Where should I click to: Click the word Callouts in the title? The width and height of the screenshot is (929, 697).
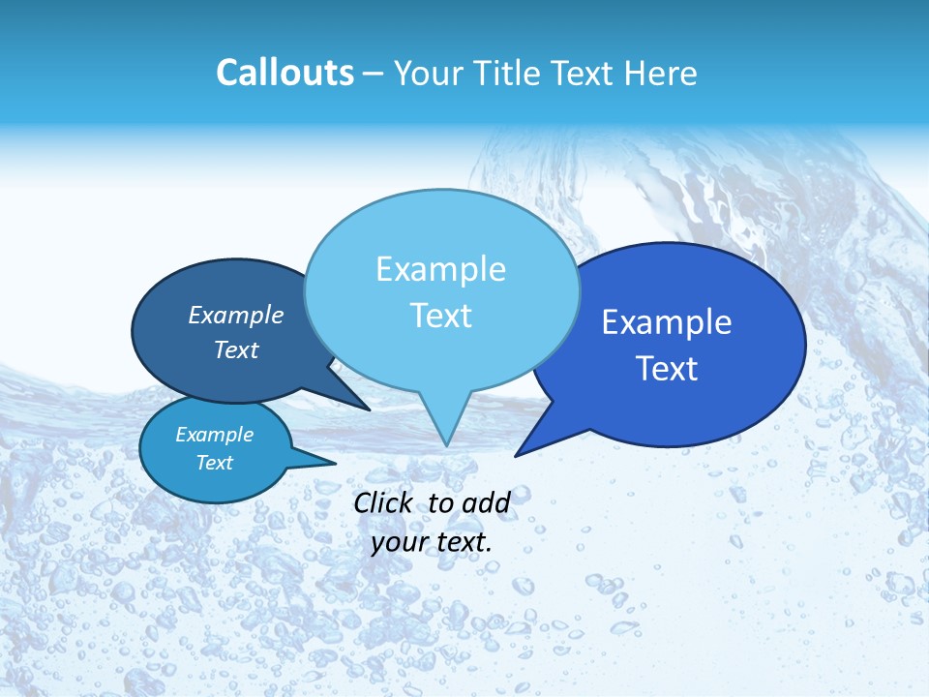click(x=285, y=73)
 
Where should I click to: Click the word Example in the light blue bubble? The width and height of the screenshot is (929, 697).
click(x=440, y=269)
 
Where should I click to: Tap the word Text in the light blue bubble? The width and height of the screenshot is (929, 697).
click(x=440, y=316)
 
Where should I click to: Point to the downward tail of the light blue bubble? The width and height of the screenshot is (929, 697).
click(x=445, y=426)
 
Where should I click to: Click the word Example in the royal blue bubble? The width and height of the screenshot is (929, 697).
click(x=667, y=322)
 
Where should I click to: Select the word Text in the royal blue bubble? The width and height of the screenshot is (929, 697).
click(x=667, y=369)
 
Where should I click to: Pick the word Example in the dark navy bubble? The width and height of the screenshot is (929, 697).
click(x=235, y=315)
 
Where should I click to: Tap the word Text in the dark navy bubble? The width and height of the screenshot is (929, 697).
click(x=235, y=349)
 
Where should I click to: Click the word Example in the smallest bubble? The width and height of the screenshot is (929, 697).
click(x=214, y=435)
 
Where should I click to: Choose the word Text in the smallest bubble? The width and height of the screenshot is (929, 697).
click(x=214, y=463)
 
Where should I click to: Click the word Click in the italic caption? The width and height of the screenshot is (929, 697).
click(x=384, y=502)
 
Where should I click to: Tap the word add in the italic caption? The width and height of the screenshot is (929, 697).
click(x=485, y=502)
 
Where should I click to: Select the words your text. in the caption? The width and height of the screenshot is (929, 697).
click(x=432, y=542)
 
